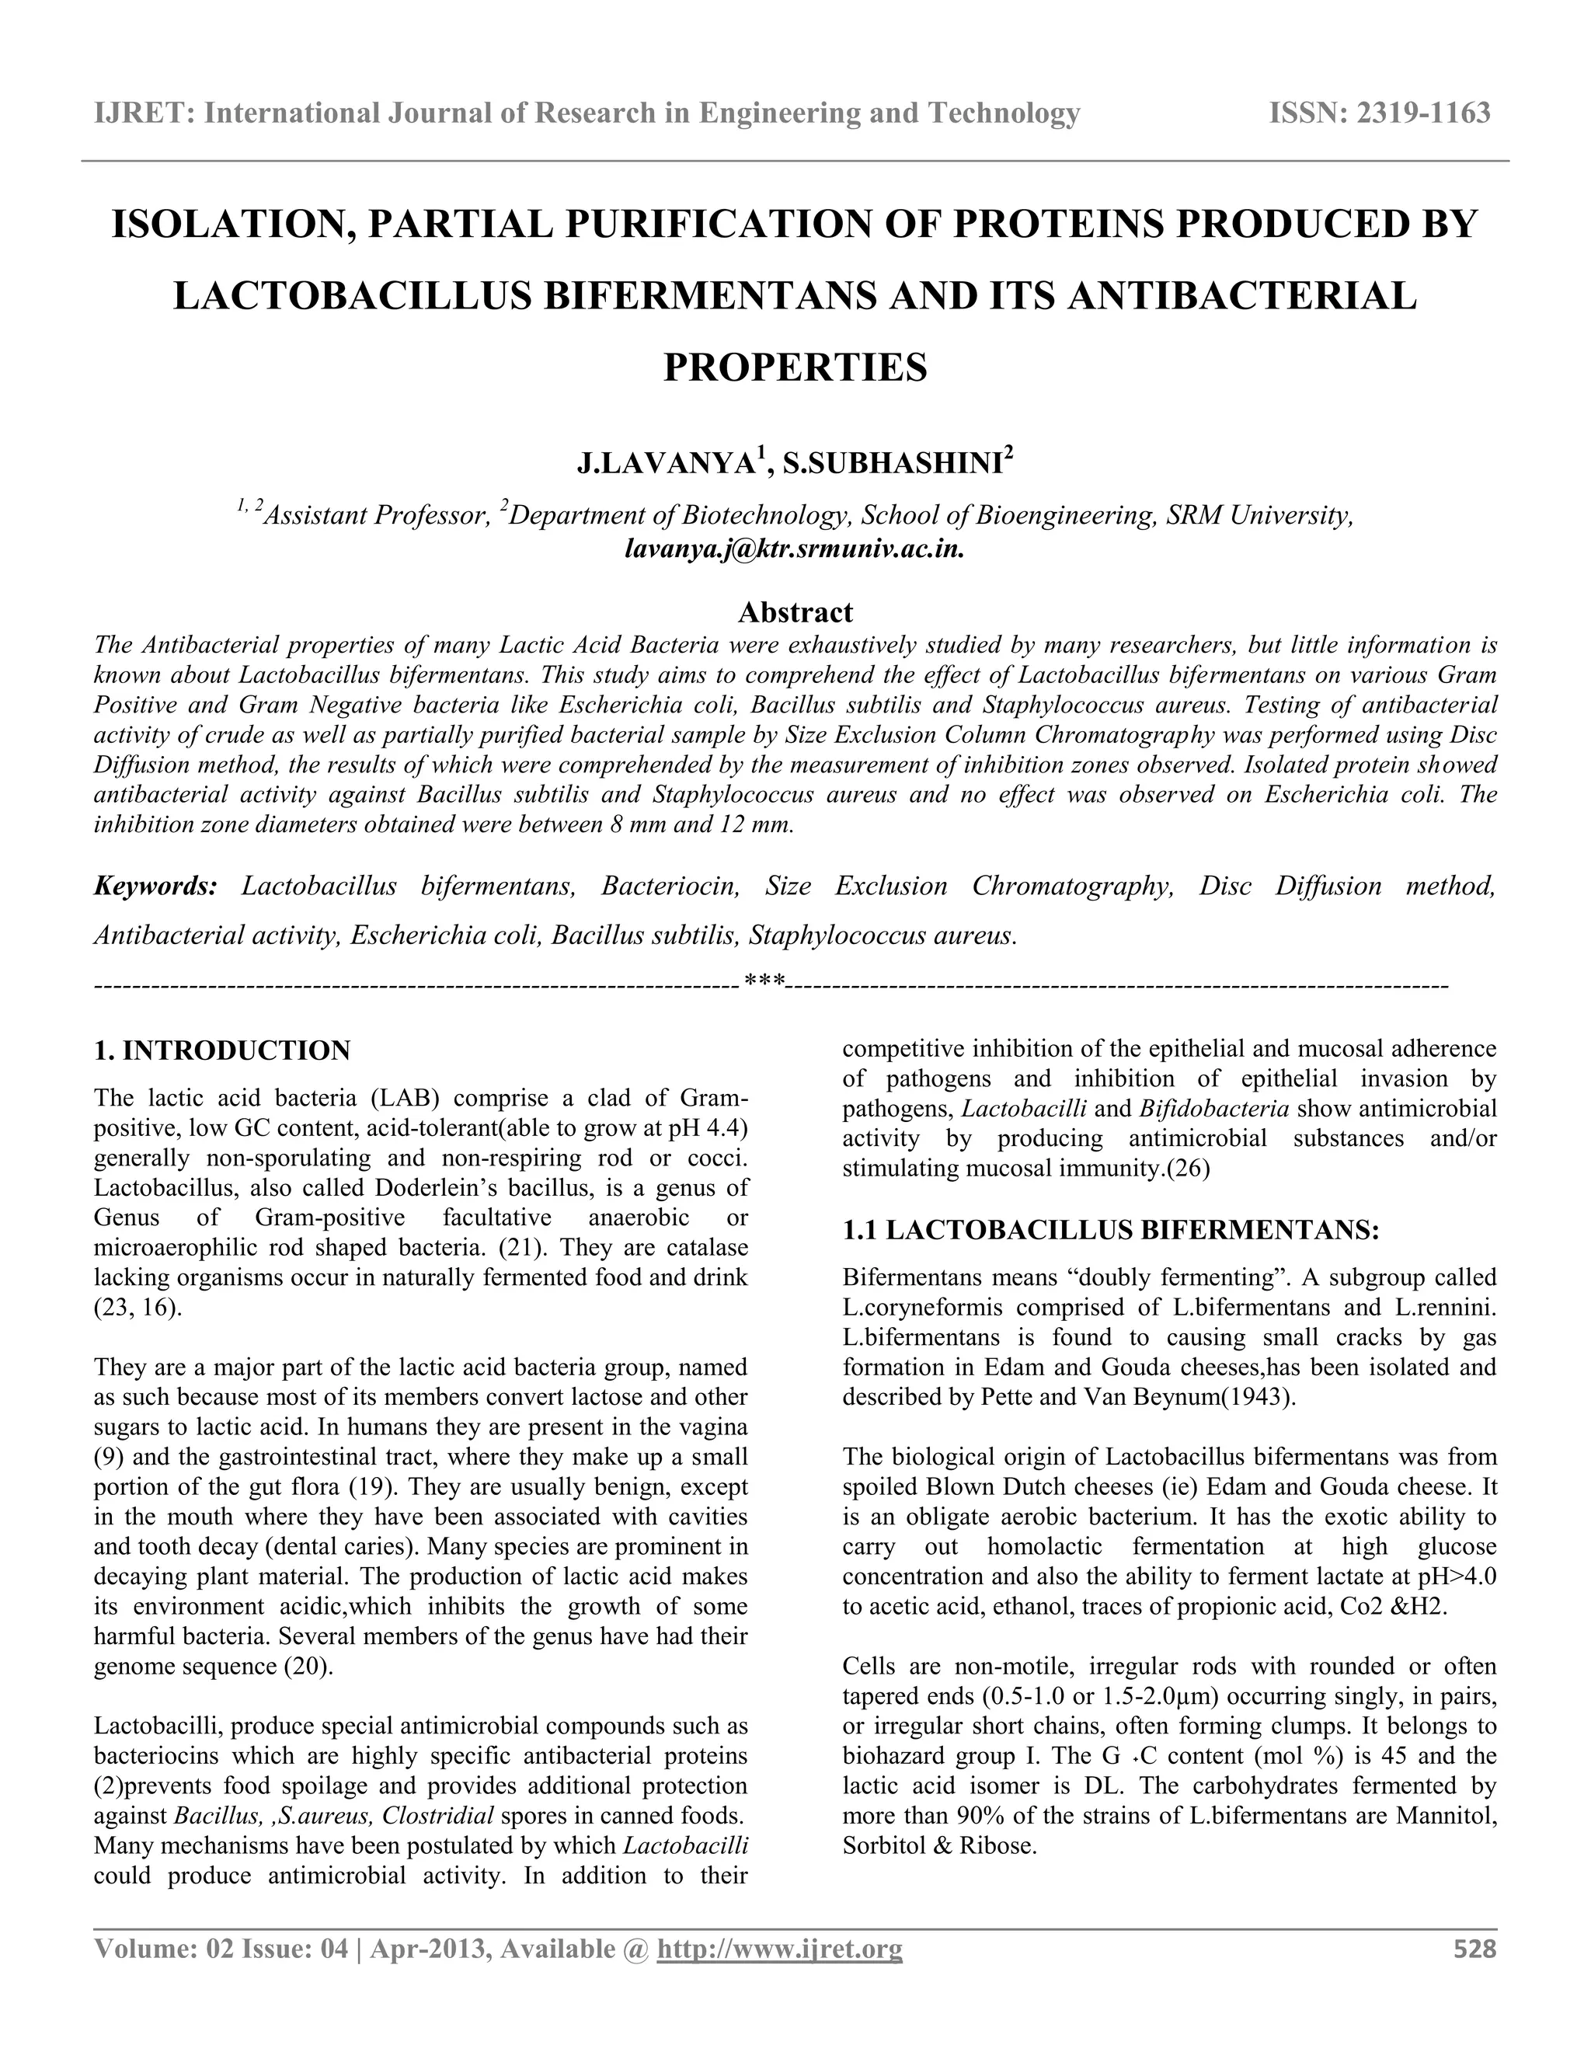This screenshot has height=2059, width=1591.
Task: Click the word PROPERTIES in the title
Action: click(x=795, y=368)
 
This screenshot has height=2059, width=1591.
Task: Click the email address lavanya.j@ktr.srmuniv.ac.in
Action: click(x=795, y=549)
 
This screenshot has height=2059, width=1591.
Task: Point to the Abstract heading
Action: click(x=795, y=613)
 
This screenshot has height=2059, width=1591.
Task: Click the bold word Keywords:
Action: click(x=155, y=887)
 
